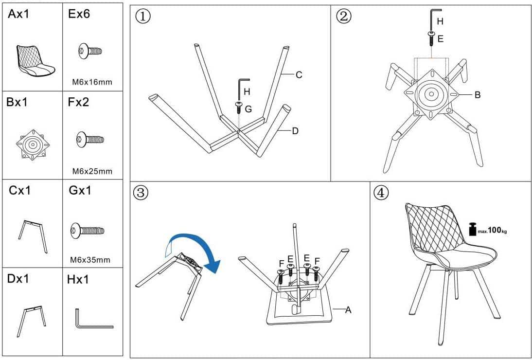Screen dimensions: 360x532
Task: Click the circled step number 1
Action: [142, 17]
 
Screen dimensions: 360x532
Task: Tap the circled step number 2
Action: [343, 17]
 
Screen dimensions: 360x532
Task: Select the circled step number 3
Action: [141, 193]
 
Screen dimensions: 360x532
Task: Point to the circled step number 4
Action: [381, 193]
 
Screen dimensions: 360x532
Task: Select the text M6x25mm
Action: [92, 171]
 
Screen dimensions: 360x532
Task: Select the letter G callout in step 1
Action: [248, 109]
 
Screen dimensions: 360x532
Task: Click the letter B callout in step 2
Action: [478, 95]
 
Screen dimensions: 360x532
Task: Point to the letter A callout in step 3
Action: [348, 309]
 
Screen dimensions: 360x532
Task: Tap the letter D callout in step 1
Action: [295, 131]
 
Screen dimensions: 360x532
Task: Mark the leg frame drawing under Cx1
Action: [33, 236]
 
